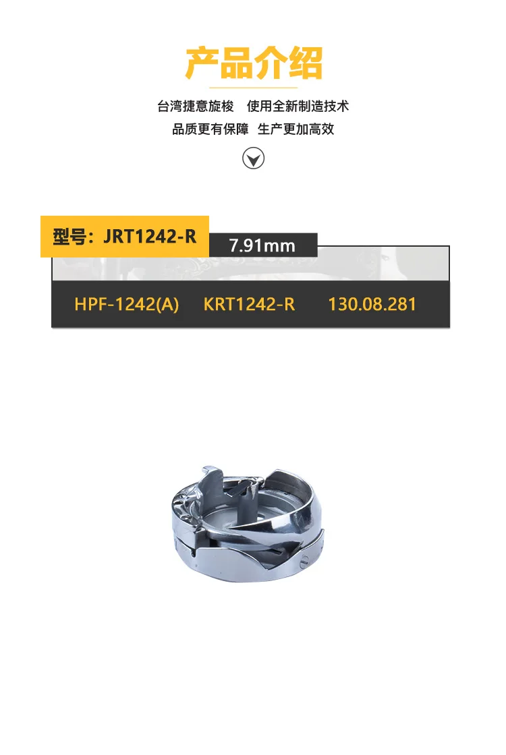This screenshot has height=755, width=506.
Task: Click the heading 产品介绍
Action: (254, 63)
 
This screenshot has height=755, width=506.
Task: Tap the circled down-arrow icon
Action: (254, 158)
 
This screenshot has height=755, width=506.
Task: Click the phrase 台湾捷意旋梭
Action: (196, 106)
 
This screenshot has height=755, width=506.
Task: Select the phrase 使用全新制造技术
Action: (298, 106)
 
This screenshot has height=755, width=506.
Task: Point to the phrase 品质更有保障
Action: (210, 129)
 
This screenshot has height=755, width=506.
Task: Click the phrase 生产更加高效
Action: (296, 129)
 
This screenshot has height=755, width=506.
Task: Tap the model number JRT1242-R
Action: (150, 237)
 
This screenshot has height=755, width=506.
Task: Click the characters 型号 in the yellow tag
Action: (69, 237)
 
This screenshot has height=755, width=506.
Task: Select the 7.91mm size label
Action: (262, 245)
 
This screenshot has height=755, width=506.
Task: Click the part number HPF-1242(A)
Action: (127, 304)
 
